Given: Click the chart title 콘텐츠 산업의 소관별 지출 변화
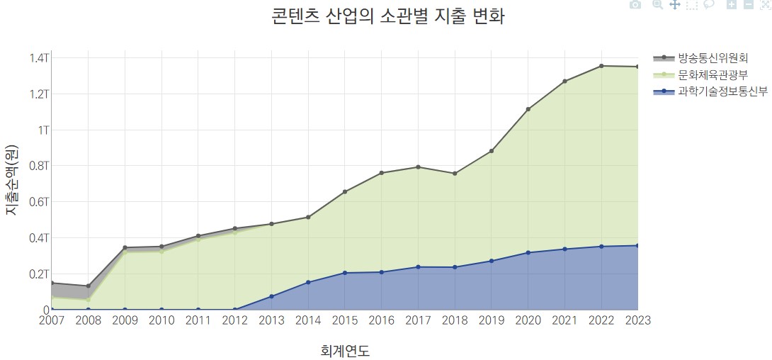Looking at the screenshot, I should tap(387, 17).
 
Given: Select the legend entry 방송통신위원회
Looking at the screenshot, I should tap(712, 57).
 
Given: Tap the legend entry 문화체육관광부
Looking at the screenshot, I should tap(712, 74).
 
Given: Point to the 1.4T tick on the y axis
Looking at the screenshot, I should tap(39, 57).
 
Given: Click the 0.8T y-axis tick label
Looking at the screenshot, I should tap(39, 166).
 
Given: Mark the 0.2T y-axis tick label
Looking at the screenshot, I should tap(39, 274).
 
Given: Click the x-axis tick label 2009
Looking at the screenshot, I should tap(125, 320).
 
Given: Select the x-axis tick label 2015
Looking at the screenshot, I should tap(345, 320).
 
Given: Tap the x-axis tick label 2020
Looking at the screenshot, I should tap(528, 320).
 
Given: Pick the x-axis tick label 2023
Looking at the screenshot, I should tap(636, 320).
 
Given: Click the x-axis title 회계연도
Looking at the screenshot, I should tap(345, 350).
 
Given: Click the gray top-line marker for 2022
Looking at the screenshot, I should tap(601, 66).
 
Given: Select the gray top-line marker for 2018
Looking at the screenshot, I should tap(455, 174).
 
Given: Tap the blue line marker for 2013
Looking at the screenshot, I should tap(271, 296).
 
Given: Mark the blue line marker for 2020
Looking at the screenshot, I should tap(528, 252).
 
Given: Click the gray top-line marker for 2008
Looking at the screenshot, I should tap(88, 286).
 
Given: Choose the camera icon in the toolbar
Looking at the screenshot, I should tap(635, 4).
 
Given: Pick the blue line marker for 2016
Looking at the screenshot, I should tap(381, 272).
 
